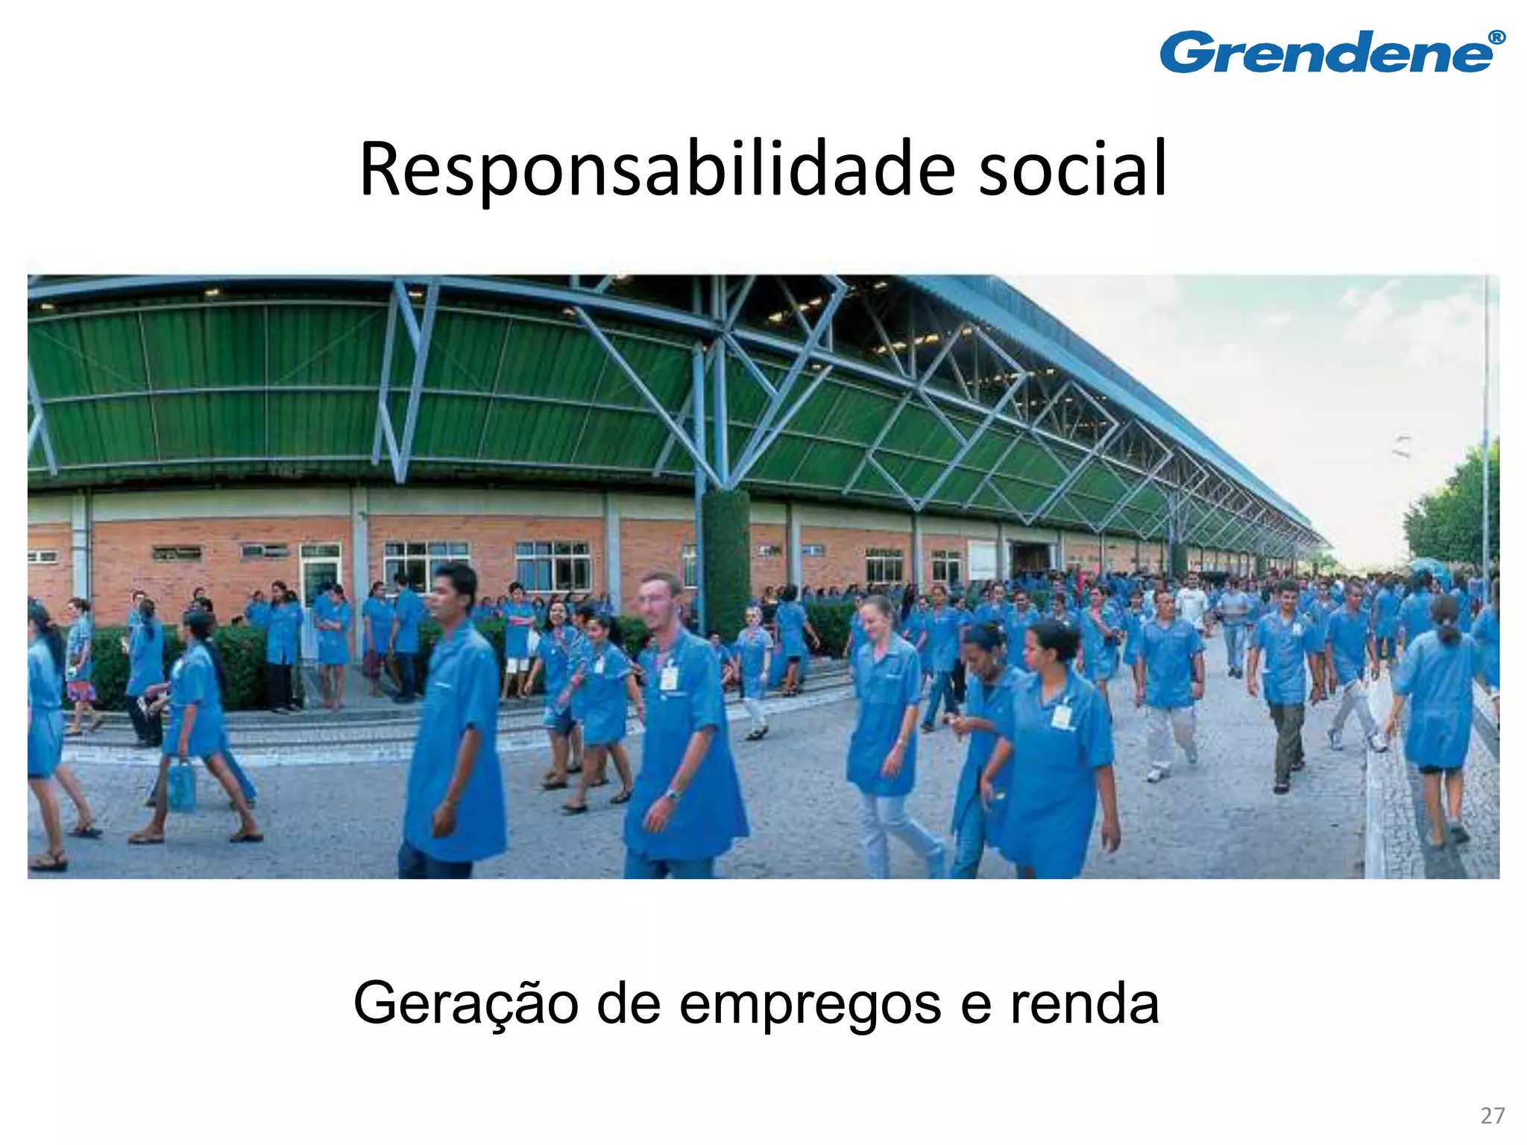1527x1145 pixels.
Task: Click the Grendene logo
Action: click(1327, 54)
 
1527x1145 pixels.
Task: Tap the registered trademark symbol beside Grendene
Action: click(1496, 38)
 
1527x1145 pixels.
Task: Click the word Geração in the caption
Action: click(466, 1003)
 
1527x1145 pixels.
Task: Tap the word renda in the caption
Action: click(1085, 1003)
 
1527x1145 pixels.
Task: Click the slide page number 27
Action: click(1492, 1116)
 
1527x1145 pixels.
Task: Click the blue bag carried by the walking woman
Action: click(182, 784)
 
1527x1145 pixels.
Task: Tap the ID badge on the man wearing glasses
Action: click(669, 677)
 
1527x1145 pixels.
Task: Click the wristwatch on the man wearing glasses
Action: click(673, 795)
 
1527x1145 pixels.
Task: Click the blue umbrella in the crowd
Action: click(1428, 568)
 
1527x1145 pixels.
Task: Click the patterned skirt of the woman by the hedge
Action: click(81, 691)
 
